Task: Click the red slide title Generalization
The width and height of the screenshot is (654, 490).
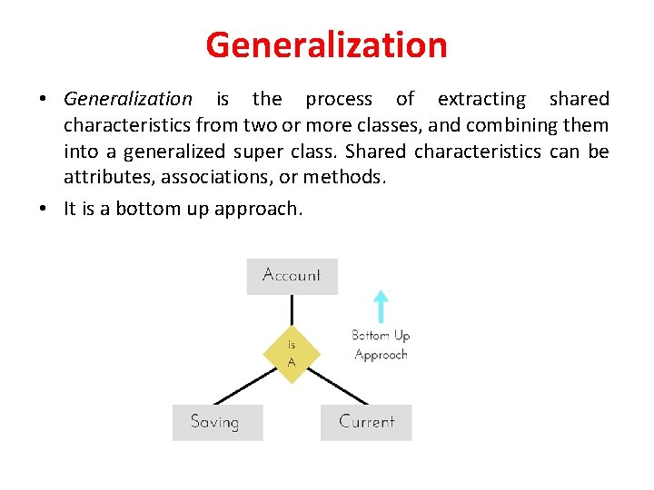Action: (326, 44)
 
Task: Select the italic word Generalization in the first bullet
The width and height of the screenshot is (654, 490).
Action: (128, 99)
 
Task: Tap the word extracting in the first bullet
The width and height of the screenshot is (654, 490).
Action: (481, 99)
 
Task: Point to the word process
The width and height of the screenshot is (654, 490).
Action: (339, 99)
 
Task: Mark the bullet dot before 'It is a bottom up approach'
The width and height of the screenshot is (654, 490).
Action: (44, 209)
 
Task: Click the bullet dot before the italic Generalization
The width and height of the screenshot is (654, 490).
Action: (44, 99)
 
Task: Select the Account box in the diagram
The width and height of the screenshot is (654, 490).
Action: (292, 276)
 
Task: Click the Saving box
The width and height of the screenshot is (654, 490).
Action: (217, 422)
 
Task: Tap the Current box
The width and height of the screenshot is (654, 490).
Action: (366, 422)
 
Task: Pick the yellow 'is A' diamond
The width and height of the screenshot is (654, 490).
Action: (291, 352)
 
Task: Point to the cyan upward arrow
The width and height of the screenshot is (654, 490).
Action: (381, 307)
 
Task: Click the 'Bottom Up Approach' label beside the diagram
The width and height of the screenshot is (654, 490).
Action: (381, 346)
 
